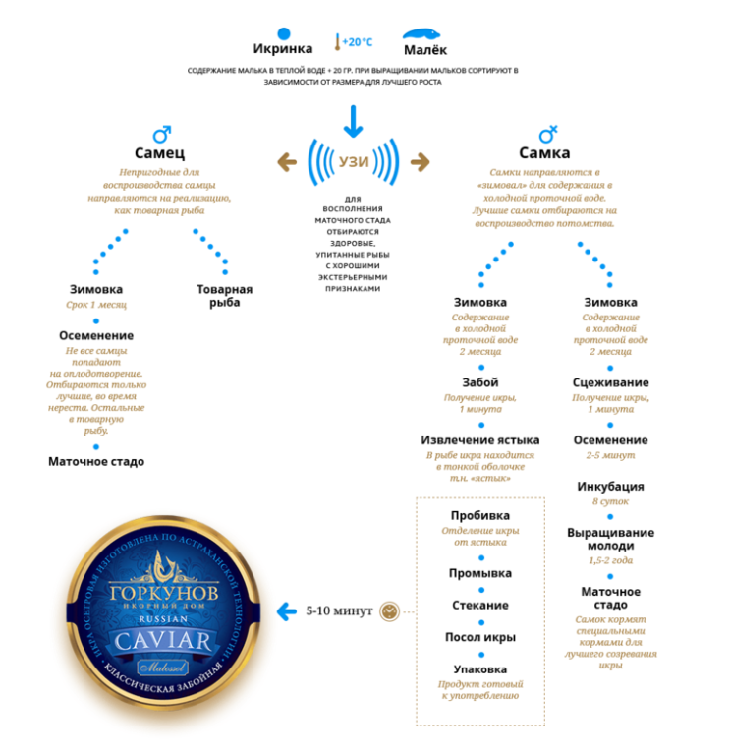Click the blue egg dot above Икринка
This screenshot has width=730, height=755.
[x=284, y=32]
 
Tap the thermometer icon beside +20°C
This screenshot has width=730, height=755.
[x=336, y=42]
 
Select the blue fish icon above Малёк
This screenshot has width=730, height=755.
[x=424, y=33]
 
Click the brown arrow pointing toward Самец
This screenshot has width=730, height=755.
[x=287, y=161]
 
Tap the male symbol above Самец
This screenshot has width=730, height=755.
[x=162, y=133]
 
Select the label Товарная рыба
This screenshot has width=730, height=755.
[x=224, y=296]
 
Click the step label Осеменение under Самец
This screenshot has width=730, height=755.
[x=96, y=335]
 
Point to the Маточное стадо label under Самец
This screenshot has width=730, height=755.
[x=96, y=461]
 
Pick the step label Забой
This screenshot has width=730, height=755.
[x=479, y=382]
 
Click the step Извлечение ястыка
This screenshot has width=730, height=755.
[x=479, y=440]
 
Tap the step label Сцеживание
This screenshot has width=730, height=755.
[x=610, y=382]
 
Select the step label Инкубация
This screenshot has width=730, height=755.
[x=610, y=486]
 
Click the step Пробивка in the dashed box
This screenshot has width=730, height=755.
[x=479, y=515]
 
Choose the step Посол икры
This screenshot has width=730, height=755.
[x=479, y=637]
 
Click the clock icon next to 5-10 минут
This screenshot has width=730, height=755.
[x=390, y=611]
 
